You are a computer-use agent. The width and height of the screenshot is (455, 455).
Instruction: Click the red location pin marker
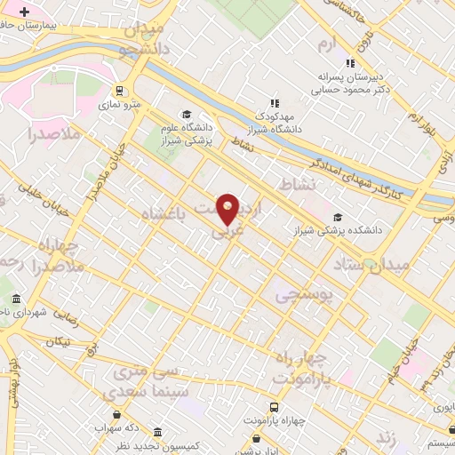point(227,210)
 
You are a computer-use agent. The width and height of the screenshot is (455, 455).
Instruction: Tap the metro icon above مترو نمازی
point(119,90)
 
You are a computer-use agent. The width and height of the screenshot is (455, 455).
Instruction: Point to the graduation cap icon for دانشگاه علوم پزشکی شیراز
point(187,114)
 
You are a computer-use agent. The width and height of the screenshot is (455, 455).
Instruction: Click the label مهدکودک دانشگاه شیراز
point(275,122)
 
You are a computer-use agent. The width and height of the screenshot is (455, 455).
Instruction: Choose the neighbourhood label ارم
point(331,42)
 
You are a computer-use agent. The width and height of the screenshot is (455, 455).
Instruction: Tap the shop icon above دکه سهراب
point(117,414)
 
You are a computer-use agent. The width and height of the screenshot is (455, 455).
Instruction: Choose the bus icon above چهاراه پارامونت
point(257,438)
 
